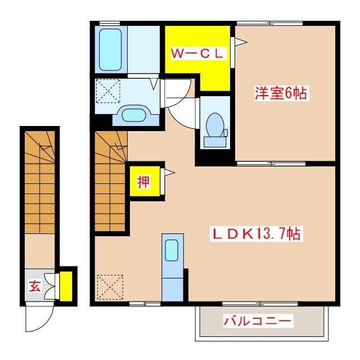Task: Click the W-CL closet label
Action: tap(198, 54)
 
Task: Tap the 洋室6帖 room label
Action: tap(281, 93)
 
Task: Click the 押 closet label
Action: tap(145, 182)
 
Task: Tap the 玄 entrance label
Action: tap(34, 286)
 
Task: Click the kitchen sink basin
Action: tap(172, 249)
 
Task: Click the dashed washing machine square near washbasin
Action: tap(108, 91)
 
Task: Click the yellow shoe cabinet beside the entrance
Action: tap(66, 286)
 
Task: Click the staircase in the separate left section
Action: tap(40, 180)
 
